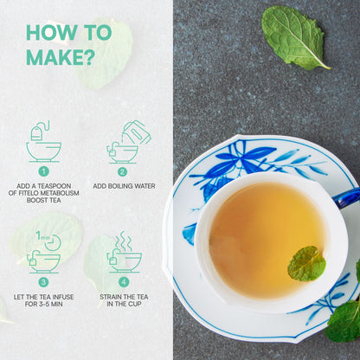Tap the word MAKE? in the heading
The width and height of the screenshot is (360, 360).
[61, 57]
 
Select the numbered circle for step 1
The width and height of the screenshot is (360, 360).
[43, 171]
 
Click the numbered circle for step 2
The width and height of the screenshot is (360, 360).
[122, 171]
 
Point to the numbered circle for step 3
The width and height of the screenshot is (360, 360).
[43, 282]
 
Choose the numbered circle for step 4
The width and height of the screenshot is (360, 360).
[124, 282]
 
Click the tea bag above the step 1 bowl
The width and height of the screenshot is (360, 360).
[36, 133]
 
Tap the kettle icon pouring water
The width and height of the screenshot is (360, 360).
[136, 132]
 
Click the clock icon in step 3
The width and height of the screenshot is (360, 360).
[54, 243]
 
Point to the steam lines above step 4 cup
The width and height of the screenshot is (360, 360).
[123, 241]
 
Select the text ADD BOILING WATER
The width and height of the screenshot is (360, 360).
[124, 186]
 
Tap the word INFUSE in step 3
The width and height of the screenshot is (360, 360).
[62, 297]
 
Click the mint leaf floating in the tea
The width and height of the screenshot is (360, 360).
[306, 263]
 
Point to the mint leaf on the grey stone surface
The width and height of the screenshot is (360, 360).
[295, 37]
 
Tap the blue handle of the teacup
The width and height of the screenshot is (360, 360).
[347, 197]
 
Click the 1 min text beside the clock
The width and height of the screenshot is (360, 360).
[42, 236]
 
